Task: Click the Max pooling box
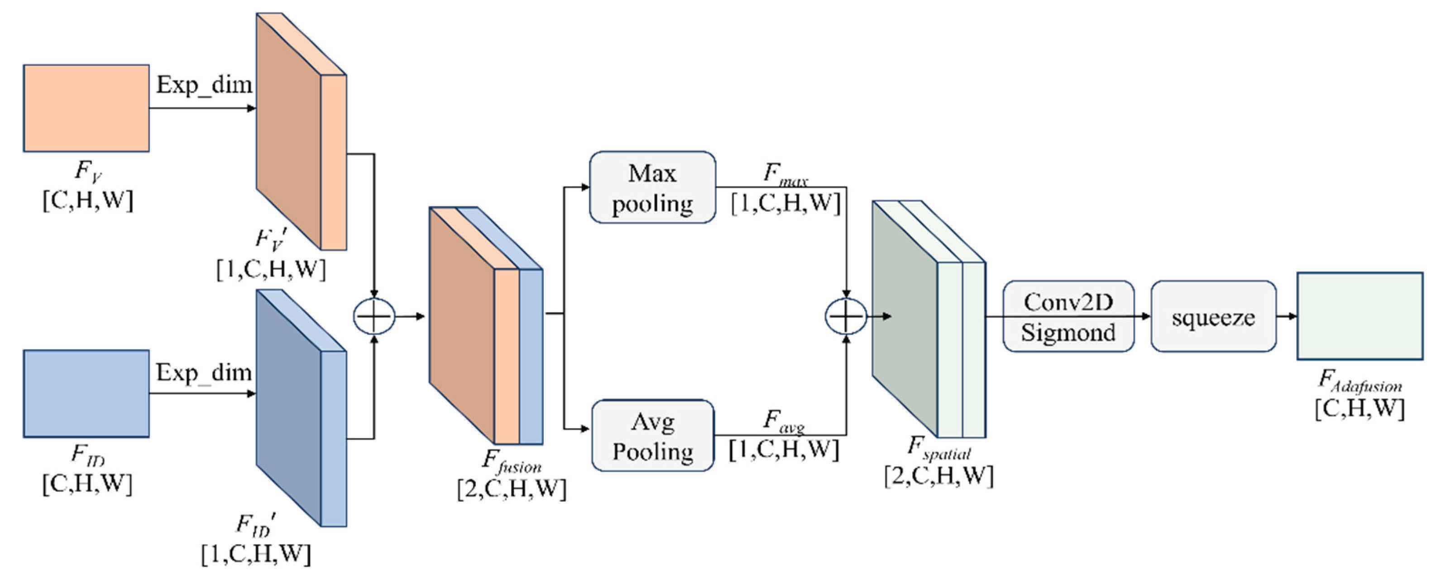[652, 187]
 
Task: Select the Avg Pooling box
[652, 436]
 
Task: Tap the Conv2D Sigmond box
[1068, 317]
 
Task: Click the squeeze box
[1213, 317]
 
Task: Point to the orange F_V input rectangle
[86, 108]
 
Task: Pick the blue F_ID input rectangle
[86, 393]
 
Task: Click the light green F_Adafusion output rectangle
[1360, 316]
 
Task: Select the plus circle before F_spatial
[846, 316]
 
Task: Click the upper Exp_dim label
[204, 85]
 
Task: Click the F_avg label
[783, 421]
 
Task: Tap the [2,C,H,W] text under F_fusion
[511, 489]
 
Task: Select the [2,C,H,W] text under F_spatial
[938, 476]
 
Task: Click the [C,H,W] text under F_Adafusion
[1360, 409]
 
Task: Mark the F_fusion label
[511, 462]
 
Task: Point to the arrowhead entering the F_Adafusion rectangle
[1292, 316]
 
